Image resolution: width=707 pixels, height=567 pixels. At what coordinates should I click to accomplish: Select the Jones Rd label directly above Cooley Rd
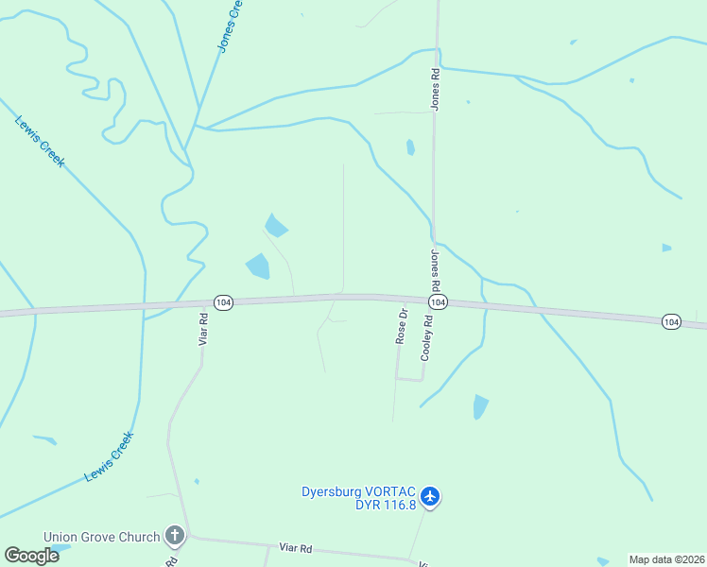(x=436, y=271)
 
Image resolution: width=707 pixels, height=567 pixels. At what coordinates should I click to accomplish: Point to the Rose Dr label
(x=403, y=326)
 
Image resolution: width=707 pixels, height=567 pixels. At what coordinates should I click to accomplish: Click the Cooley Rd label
(x=427, y=338)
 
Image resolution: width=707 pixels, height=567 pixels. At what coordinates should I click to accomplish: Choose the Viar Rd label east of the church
(x=296, y=548)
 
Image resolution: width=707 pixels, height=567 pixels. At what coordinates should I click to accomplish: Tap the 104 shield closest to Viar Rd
(x=222, y=302)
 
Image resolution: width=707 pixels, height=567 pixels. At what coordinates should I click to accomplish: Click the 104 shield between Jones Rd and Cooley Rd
(x=438, y=301)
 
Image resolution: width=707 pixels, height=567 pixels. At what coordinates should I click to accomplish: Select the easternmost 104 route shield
(x=670, y=322)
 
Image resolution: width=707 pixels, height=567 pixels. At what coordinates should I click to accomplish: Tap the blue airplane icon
(x=430, y=495)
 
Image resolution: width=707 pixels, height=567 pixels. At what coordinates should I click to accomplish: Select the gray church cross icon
(x=174, y=537)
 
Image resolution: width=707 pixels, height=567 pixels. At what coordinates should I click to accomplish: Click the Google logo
(x=31, y=556)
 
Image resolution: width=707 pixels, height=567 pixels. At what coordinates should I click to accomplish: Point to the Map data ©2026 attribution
(x=666, y=559)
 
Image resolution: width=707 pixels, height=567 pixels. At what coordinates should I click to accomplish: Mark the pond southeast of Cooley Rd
(x=480, y=407)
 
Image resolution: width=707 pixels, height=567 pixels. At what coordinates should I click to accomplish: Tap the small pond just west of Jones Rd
(x=410, y=147)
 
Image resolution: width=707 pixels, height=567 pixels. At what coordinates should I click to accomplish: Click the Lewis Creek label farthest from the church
(x=40, y=142)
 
